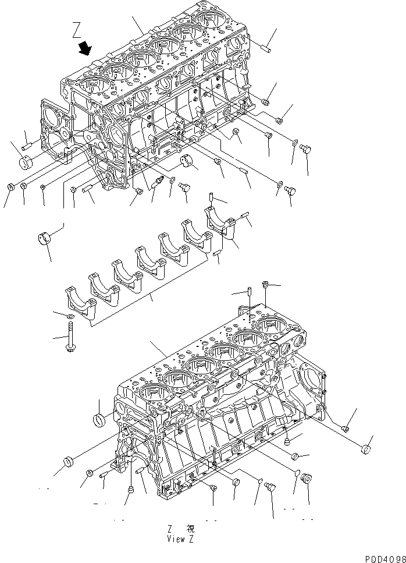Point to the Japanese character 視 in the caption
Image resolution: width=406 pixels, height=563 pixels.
coord(190,529)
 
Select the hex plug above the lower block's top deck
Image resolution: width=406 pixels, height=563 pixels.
coord(266,285)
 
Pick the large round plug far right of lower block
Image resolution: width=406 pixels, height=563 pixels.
coord(366,449)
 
